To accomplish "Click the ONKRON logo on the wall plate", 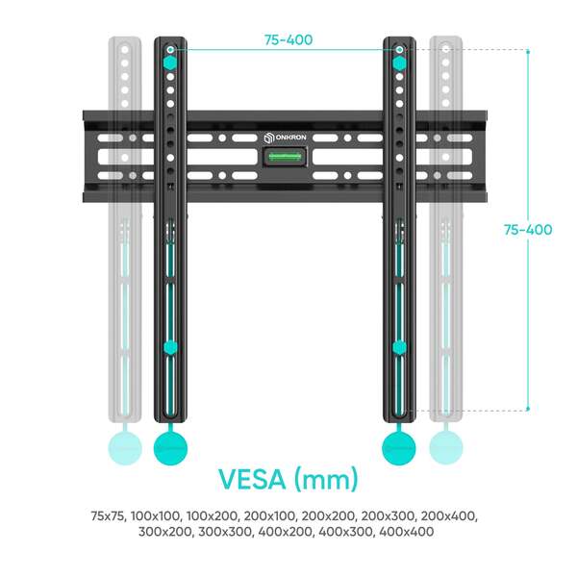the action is (286, 138).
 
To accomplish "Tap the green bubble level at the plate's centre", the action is (286, 157).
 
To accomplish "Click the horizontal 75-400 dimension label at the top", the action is (288, 39).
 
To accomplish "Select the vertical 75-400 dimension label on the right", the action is (528, 230).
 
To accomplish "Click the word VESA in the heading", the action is (252, 479).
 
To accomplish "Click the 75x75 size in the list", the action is (108, 515).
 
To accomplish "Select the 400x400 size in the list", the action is (406, 532).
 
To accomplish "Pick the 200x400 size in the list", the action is (449, 515).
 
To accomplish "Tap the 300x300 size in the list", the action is (226, 532).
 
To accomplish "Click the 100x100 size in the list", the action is (156, 515).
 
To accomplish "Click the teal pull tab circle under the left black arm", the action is (170, 448).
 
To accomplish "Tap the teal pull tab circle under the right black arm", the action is (399, 448).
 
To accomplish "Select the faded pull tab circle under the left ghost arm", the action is (125, 448).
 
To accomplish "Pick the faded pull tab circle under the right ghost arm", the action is (446, 447).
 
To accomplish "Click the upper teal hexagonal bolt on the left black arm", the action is (170, 63).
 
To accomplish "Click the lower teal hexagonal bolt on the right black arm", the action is (399, 347).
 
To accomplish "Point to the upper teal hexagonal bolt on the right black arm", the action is (399, 63).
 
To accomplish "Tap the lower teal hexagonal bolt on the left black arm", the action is (170, 347).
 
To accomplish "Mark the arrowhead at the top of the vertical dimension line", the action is (528, 50).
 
